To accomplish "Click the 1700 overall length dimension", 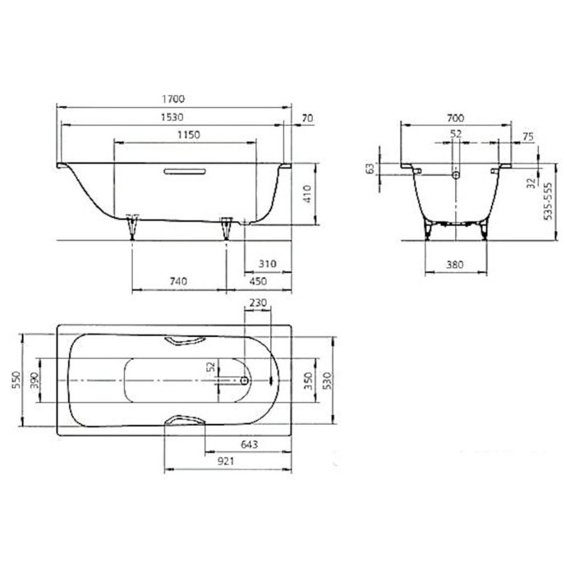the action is pos(173,99).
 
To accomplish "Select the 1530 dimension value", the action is pos(172,117).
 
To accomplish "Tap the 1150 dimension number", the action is pos(189,135).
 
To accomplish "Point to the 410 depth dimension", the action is pos(307,194).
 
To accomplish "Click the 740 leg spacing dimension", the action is pos(178,281).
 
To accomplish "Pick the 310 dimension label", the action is pos(267,264).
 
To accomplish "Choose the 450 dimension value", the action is pos(258,281).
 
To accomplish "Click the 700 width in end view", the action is pos(455,118).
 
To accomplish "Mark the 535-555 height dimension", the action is pos(548,201).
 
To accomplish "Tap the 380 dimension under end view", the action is pos(455,265).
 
